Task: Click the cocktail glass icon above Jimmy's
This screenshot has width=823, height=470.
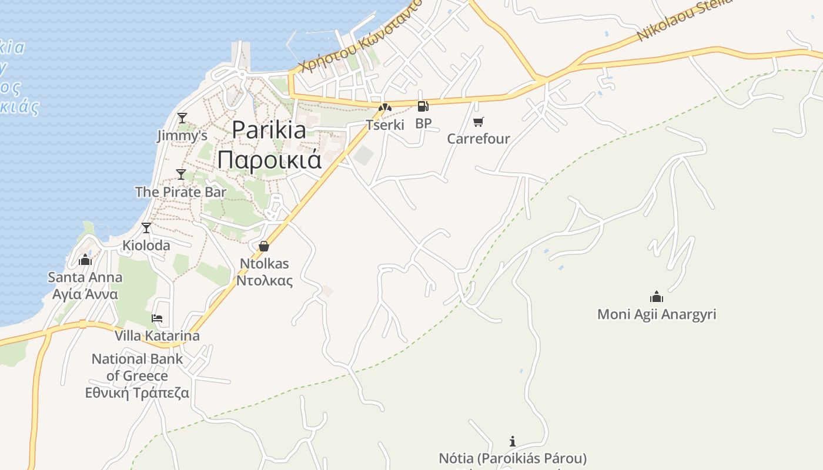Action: pos(182,117)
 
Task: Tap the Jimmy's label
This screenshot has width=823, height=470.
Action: pos(182,136)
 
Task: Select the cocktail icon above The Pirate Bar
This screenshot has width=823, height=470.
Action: pos(181,174)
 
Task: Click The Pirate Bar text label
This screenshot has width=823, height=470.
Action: pos(180,192)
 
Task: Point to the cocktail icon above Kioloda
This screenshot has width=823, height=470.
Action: pos(146,228)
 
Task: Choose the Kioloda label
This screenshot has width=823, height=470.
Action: pos(146,245)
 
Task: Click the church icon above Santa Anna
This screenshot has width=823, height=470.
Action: pos(85,260)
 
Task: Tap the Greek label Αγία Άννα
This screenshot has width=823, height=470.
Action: pos(85,294)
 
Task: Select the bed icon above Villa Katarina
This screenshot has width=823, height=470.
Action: pos(157,318)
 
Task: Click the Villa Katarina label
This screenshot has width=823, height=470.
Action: pos(157,335)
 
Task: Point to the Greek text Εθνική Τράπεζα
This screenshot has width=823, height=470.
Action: pos(137,392)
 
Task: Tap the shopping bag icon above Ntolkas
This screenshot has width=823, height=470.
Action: pos(264,246)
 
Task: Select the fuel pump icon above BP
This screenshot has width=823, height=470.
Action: pos(423,106)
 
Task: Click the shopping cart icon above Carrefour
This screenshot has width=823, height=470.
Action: pos(479,122)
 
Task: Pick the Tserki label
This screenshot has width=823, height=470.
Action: pos(385,125)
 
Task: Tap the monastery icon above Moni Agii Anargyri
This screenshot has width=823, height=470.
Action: pos(657,297)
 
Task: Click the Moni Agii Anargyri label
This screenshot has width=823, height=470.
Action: pos(657,314)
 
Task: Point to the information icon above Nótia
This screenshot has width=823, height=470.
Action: pos(513,441)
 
